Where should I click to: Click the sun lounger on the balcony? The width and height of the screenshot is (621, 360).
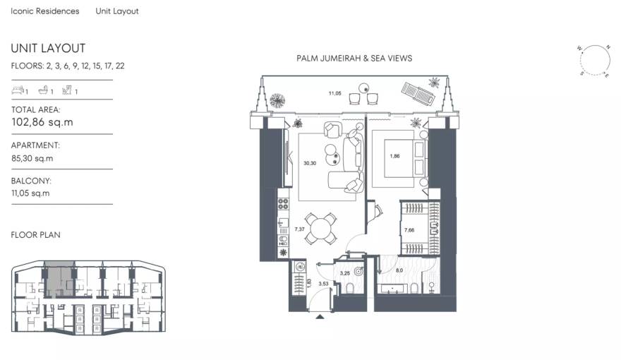416,92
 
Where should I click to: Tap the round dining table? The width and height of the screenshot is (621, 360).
321,228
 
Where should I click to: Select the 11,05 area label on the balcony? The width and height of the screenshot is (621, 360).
334,92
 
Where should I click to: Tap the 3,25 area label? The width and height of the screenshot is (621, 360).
346,272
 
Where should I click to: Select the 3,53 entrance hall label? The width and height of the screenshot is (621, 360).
324,284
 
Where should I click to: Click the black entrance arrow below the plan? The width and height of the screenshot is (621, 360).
321,317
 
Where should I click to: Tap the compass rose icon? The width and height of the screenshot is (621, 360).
593,60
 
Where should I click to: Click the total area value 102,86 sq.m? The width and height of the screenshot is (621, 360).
42,122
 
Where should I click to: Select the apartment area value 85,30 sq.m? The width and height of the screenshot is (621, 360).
32,158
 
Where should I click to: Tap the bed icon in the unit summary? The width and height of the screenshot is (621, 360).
18,90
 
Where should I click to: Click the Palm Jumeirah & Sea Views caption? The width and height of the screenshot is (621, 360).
354,59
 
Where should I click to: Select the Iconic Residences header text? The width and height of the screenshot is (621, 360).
45,11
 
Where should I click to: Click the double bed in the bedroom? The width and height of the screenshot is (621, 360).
401,157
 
